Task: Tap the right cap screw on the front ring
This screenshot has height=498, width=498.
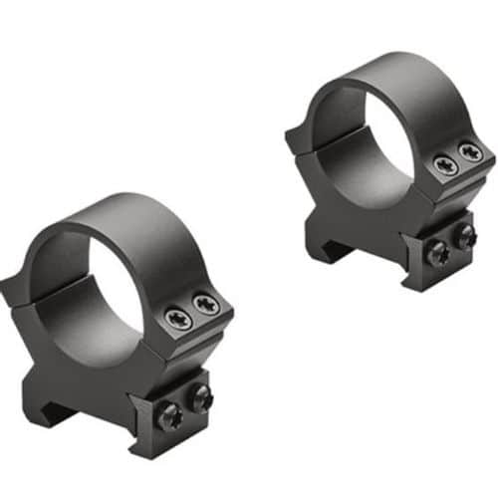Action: (x=206, y=306)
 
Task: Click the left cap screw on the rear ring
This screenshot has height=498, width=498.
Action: (x=444, y=165)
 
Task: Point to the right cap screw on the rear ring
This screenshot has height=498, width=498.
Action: (x=470, y=153)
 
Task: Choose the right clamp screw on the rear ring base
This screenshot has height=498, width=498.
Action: (x=464, y=235)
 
